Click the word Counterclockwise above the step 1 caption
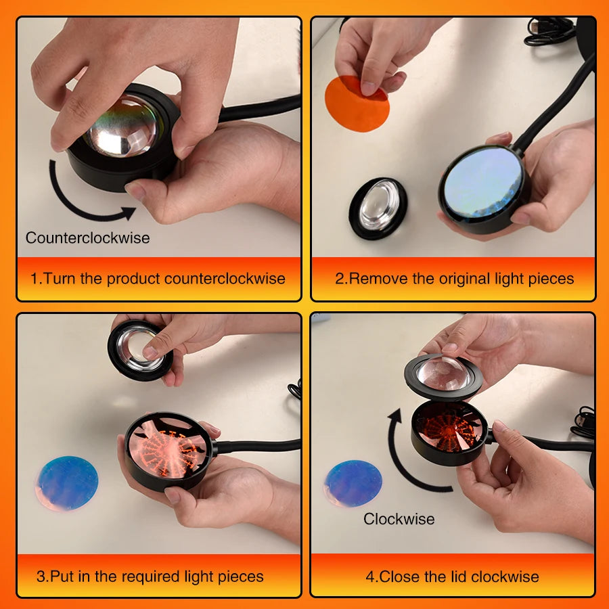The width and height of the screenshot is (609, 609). point(87,238)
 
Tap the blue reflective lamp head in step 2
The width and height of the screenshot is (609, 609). point(482,183)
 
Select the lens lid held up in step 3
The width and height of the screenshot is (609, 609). point(139,348)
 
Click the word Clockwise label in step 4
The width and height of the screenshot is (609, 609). point(399,519)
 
